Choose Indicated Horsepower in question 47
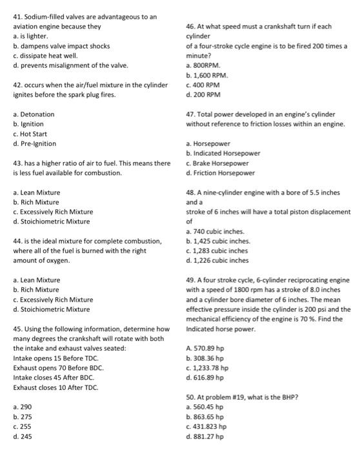[223, 153]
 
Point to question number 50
[191, 397]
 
